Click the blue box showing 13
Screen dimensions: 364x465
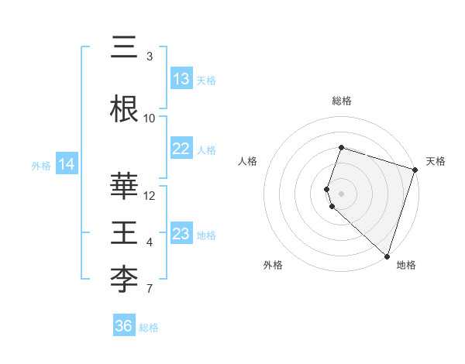click(181, 79)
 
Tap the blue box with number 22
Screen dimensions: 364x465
click(181, 149)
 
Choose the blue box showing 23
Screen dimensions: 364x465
click(181, 234)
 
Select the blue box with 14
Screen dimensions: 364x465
click(66, 164)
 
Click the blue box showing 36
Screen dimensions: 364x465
click(124, 326)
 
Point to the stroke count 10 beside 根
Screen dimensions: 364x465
click(150, 118)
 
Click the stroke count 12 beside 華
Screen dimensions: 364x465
click(150, 195)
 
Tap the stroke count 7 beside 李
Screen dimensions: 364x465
click(150, 290)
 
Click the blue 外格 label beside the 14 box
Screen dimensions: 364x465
click(41, 165)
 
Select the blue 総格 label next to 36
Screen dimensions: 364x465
click(149, 327)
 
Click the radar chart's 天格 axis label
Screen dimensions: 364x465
click(436, 161)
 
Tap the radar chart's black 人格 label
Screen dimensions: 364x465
click(248, 161)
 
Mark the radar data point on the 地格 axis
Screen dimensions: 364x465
click(387, 256)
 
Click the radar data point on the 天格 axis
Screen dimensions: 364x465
click(415, 170)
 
